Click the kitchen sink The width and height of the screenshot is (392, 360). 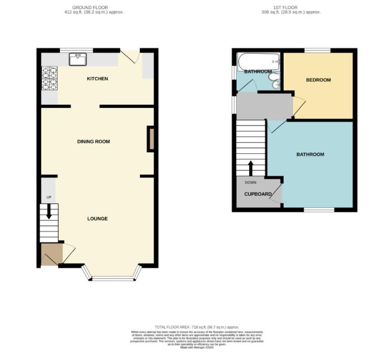[x=78, y=58]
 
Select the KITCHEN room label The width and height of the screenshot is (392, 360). [x=98, y=79]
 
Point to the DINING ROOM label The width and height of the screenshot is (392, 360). [x=94, y=142]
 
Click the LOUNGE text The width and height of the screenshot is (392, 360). [x=98, y=219]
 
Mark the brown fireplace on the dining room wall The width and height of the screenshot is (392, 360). [x=151, y=139]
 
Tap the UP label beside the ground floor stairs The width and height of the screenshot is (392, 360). [x=49, y=198]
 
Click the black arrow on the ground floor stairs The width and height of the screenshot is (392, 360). [x=49, y=213]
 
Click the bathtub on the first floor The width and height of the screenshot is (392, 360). [x=258, y=61]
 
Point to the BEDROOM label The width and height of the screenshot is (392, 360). [x=318, y=80]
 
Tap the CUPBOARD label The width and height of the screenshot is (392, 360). [x=258, y=194]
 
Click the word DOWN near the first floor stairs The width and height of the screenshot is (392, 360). [x=250, y=182]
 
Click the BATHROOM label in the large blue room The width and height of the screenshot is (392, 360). [x=310, y=154]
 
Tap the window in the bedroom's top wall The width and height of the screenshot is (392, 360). [x=318, y=50]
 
